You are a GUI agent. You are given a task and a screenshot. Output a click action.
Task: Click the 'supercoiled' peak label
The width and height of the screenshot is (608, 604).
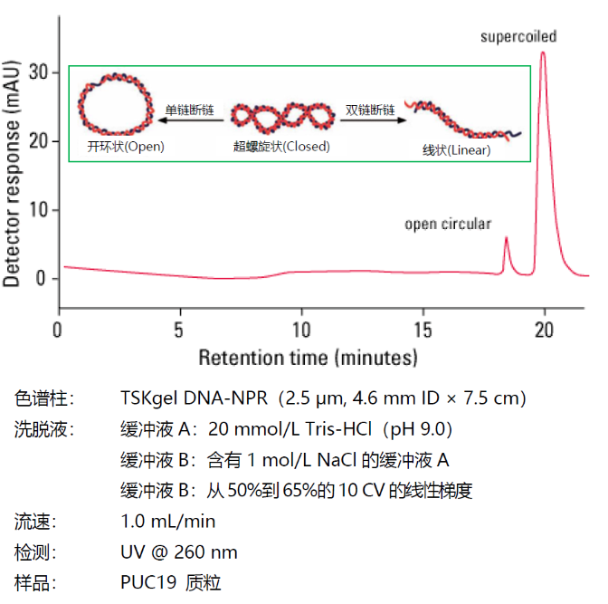point(518,37)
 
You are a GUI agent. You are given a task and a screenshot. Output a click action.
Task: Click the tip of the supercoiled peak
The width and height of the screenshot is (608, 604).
point(543,53)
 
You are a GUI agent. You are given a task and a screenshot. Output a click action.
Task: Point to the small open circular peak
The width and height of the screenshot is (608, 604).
point(506,240)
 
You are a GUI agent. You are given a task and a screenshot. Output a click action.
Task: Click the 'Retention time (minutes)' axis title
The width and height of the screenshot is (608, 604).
point(308,357)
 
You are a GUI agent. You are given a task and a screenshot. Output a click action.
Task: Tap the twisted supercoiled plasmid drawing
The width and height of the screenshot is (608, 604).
point(281,116)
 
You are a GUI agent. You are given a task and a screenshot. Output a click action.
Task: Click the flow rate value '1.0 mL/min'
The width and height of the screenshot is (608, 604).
point(167,521)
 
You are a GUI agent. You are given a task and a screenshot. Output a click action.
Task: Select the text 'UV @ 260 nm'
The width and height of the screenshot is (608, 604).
point(179,551)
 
